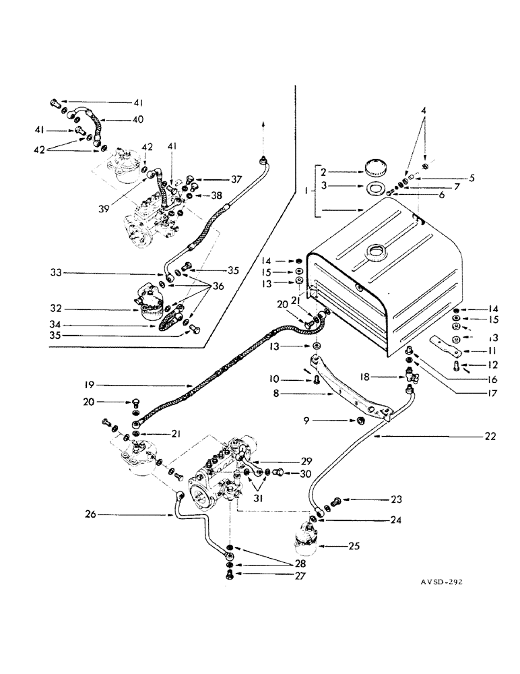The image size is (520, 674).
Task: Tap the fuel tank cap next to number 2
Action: (371, 166)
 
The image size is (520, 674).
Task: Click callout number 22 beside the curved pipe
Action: (490, 436)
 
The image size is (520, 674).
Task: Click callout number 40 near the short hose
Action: (137, 120)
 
